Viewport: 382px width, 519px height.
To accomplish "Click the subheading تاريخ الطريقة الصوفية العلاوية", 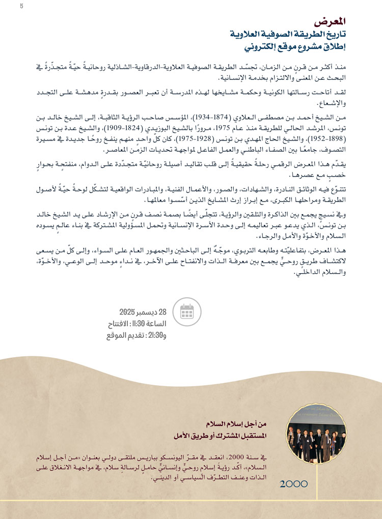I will pyautogui.click(x=289, y=35).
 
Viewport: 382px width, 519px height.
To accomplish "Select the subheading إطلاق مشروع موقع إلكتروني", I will pyautogui.click(x=297, y=48).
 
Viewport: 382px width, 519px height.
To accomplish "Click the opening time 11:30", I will pyautogui.click(x=152, y=325).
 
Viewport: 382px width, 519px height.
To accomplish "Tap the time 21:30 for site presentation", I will pyautogui.click(x=155, y=336).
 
